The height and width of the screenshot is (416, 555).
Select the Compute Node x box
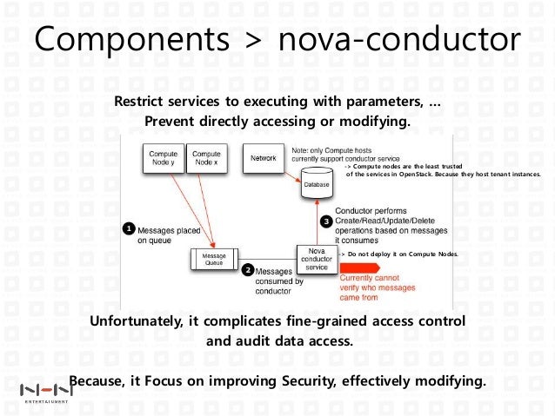point(205,159)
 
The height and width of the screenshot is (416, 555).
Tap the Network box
point(264,159)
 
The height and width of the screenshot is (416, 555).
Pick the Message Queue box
point(214,259)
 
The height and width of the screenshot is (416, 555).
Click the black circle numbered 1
point(128,228)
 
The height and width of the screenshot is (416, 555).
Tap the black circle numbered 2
point(248,270)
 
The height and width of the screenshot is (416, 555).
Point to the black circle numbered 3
point(326,221)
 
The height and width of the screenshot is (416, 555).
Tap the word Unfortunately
point(137,321)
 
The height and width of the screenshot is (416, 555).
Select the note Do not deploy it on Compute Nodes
point(399,254)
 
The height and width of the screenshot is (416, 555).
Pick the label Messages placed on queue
point(170,235)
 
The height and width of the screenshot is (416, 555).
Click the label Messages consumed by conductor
point(280,281)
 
